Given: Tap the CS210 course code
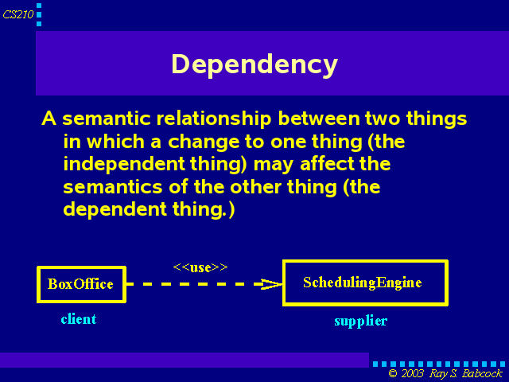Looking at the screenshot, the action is coord(17,14).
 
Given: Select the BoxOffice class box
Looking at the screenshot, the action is coord(81,285).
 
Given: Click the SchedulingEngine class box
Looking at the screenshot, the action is coord(365,283).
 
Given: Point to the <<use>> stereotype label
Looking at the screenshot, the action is coord(200,267).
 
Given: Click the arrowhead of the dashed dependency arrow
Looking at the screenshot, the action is coord(272,284).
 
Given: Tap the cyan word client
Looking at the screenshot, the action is coord(79,319).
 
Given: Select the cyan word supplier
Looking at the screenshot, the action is coord(361,322).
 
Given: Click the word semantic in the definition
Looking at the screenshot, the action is coord(107,119).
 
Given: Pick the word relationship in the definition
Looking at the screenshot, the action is coord(214,119).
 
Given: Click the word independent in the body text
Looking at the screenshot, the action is coord(124,164).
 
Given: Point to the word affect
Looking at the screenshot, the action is coord(327,164).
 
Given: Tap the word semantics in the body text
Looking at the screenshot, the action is coord(113,188).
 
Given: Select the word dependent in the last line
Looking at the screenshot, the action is coord(115,209).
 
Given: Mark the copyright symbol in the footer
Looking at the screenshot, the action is coord(393,373).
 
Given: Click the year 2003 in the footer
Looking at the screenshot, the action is coord(413,373).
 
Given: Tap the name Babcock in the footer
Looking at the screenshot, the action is coord(483,373).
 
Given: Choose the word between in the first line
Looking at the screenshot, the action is coord(319,119).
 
